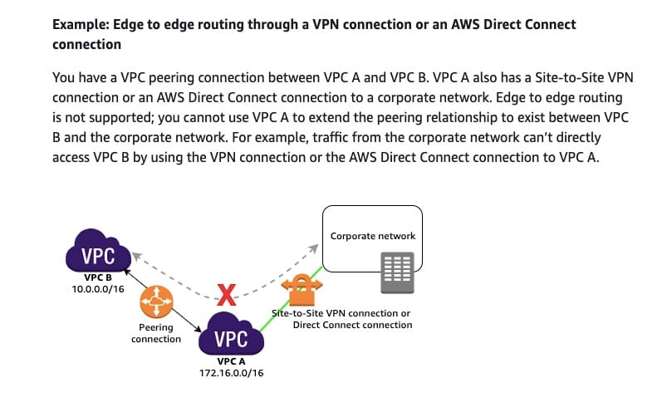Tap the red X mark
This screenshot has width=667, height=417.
pos(226,292)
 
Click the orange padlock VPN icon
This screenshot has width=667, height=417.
pos(298,291)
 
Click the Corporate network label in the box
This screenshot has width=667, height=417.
pos(372,236)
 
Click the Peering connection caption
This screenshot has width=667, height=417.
pos(156,333)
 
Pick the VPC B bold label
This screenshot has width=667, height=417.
pos(97,279)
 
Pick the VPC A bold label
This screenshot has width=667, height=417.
pos(232,362)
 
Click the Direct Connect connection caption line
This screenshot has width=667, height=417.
pos(352,325)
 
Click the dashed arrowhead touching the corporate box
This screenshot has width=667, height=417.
pos(316,248)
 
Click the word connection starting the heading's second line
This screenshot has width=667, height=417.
pos(86,44)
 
